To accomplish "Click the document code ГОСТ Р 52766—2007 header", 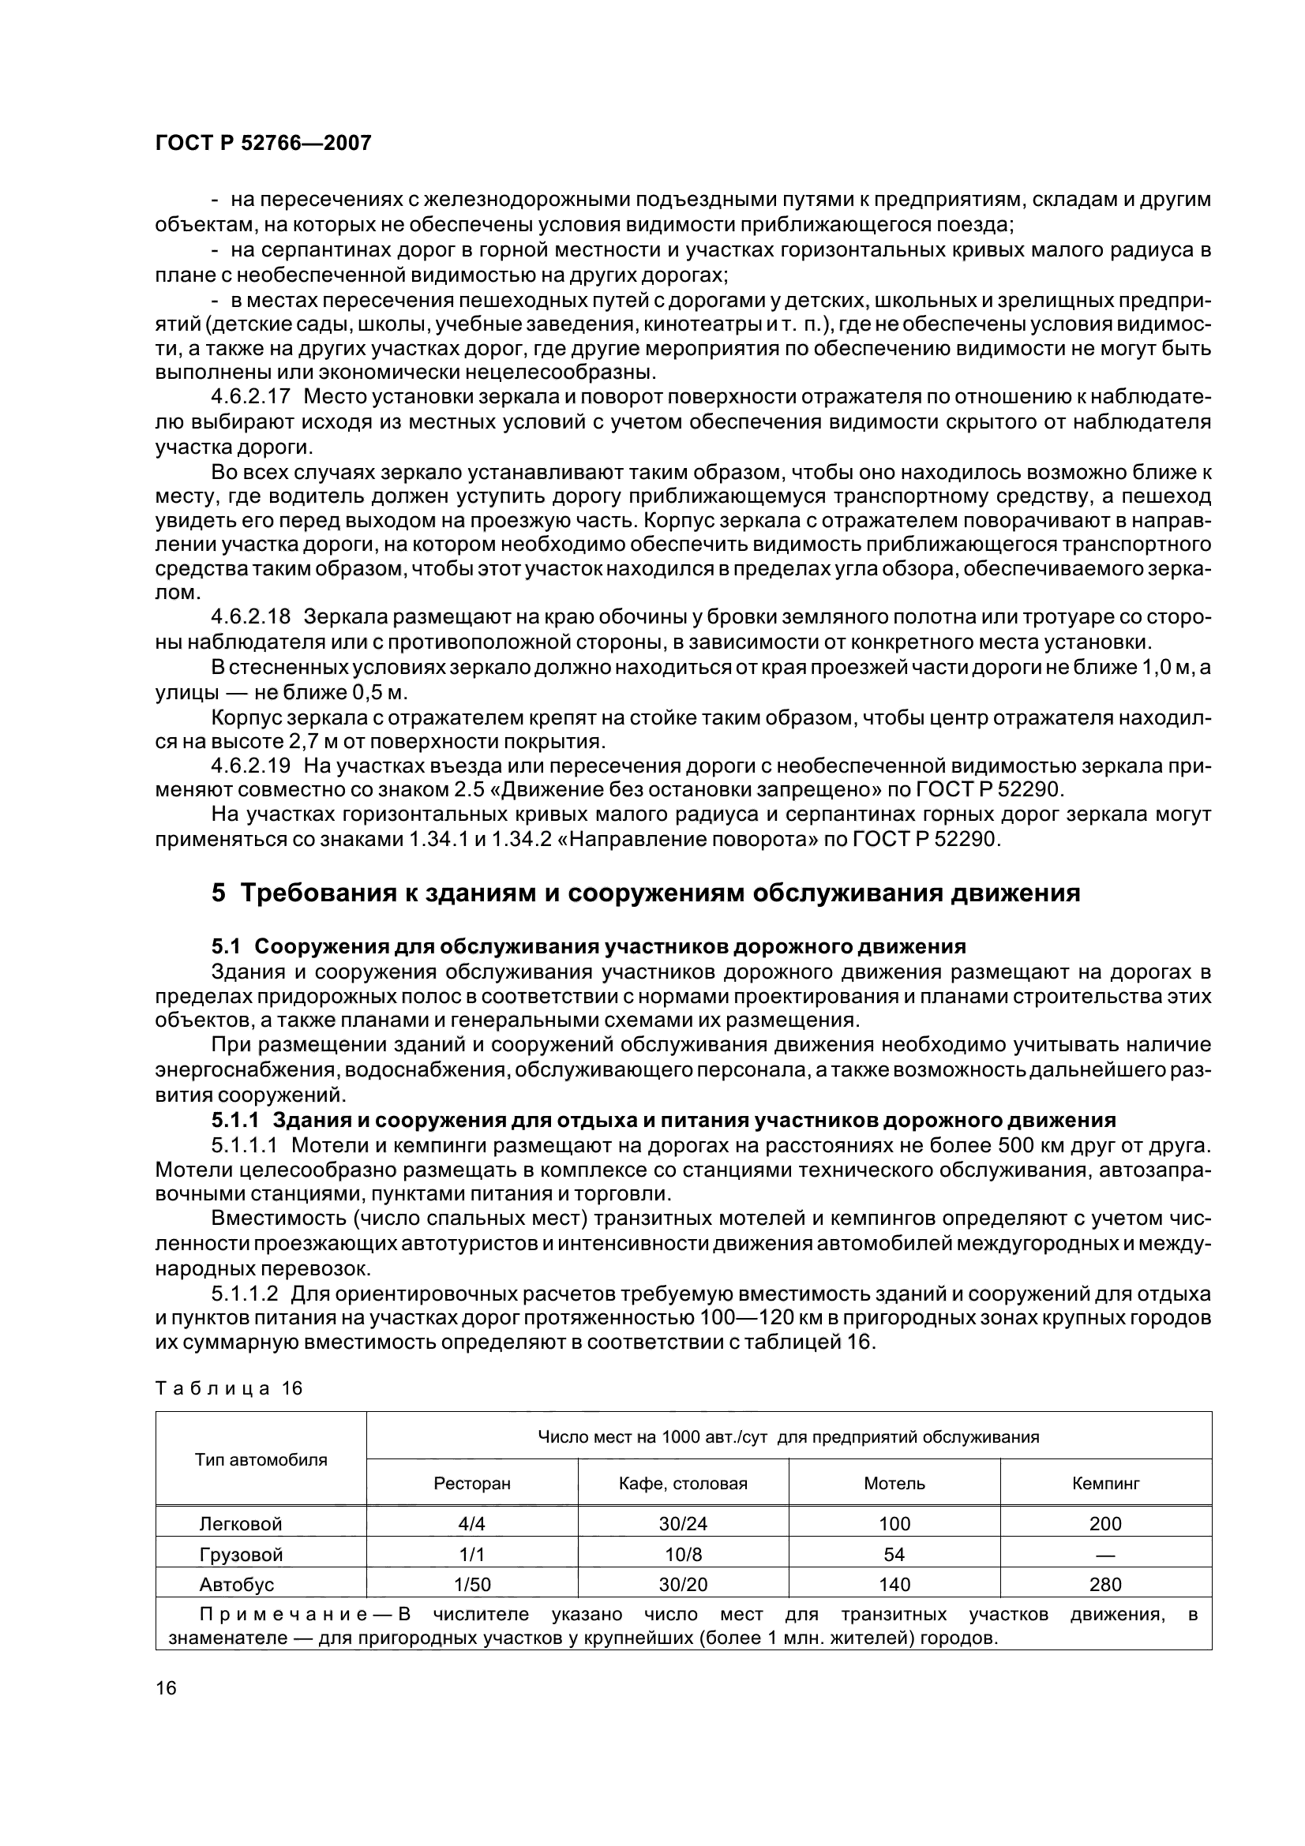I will point(263,143).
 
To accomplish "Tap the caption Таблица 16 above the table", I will point(228,1388).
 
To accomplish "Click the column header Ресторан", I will point(472,1484).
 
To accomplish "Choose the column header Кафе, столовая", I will point(683,1484).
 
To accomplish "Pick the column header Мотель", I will point(894,1484).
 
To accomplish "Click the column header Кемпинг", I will point(1105,1484).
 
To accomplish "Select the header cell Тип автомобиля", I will point(261,1460).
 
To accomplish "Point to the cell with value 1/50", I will point(472,1585).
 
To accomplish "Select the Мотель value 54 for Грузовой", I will point(894,1555).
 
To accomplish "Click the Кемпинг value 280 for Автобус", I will point(1105,1585).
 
